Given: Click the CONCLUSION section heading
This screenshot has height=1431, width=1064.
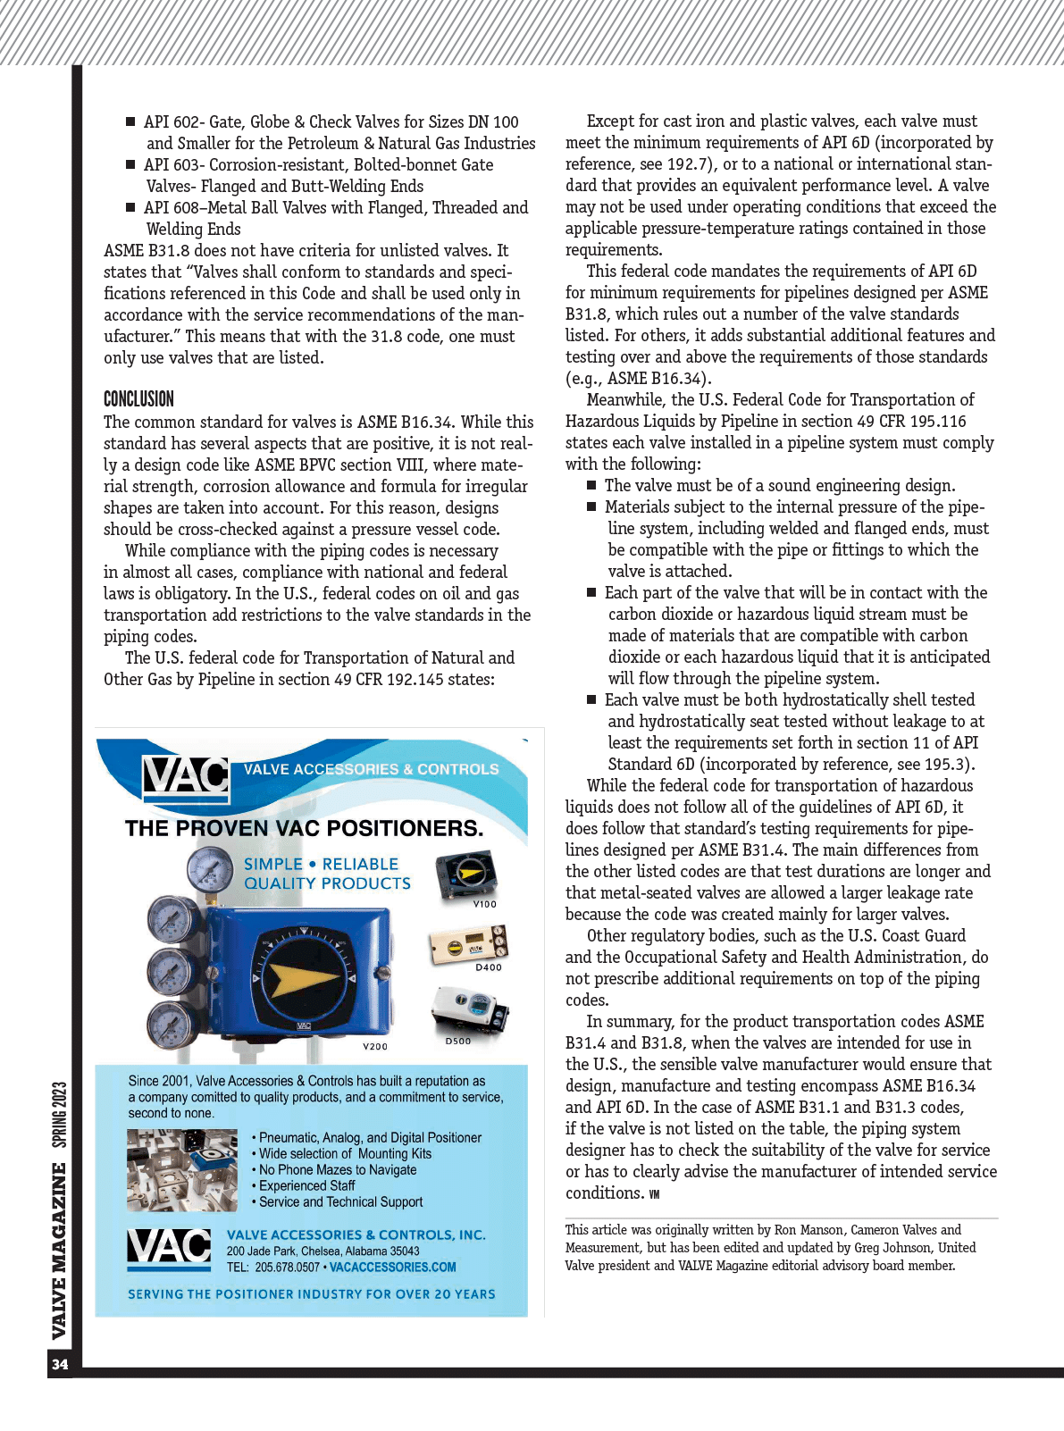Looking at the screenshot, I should pyautogui.click(x=138, y=399).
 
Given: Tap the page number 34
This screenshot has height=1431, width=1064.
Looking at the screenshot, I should pyautogui.click(x=60, y=1364).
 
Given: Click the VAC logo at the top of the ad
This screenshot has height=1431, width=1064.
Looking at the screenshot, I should pyautogui.click(x=186, y=776).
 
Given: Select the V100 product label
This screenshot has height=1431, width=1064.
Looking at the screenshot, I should pyautogui.click(x=484, y=904).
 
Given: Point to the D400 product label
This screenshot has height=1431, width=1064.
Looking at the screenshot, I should pyautogui.click(x=488, y=967).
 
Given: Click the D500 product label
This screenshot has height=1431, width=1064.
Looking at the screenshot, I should pyautogui.click(x=457, y=1041).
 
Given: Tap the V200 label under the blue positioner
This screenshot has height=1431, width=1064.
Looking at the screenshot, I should pyautogui.click(x=375, y=1046).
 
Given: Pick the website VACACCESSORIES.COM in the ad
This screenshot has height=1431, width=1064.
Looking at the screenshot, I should pyautogui.click(x=392, y=1267).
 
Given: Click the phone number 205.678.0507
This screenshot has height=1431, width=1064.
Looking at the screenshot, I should pyautogui.click(x=287, y=1267).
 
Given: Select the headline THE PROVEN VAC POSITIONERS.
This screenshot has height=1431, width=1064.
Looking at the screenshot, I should pyautogui.click(x=304, y=828).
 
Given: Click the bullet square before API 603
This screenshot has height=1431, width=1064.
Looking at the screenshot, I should pyautogui.click(x=130, y=164).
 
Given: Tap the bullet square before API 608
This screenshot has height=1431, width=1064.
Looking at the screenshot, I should pyautogui.click(x=130, y=207).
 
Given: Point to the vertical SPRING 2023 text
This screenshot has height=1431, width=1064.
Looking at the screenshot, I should pyautogui.click(x=59, y=1114).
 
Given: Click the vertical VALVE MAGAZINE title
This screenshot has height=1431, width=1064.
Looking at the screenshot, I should pyautogui.click(x=59, y=1251).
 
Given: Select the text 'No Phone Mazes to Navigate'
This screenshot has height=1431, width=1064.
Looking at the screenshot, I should pyautogui.click(x=338, y=1169).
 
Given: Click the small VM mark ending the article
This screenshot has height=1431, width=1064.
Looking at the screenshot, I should pyautogui.click(x=654, y=1194).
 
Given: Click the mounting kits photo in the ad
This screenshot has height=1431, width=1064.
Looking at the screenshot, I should pyautogui.click(x=182, y=1169).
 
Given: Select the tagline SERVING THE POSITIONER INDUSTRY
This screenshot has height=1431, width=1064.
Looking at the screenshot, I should pyautogui.click(x=311, y=1293).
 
